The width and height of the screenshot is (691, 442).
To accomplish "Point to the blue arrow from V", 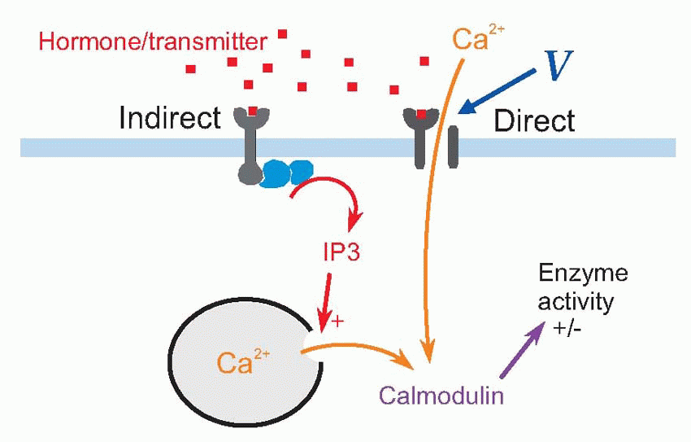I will [x=496, y=91].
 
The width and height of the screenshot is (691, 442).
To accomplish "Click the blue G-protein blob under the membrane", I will [x=288, y=172].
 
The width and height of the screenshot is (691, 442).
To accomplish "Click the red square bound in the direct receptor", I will [x=421, y=115].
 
